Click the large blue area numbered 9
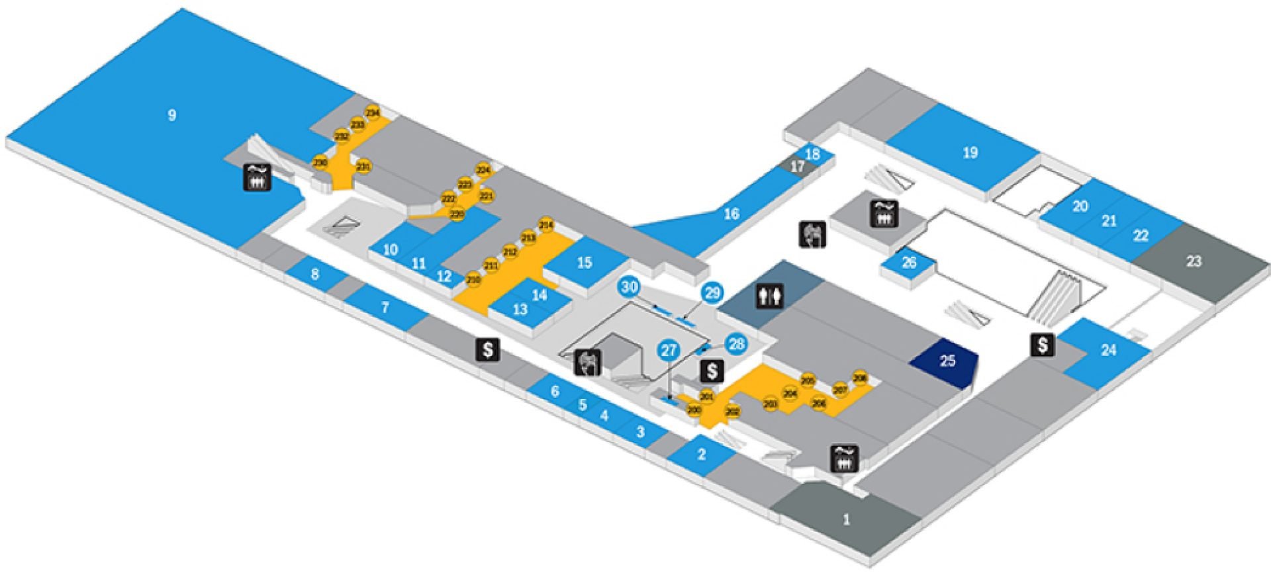[x=171, y=116]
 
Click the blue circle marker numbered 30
[x=629, y=287]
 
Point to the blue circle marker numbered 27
[x=669, y=349]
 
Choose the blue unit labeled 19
[x=969, y=153]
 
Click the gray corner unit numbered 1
[x=845, y=520]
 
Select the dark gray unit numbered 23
[x=1193, y=261]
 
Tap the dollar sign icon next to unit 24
[x=1042, y=345]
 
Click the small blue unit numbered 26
[x=909, y=263]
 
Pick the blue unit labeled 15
[x=584, y=263]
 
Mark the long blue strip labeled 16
[x=731, y=214]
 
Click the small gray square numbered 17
[x=797, y=166]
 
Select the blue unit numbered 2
[x=702, y=455]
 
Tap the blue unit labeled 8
[x=315, y=273]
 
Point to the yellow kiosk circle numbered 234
[x=373, y=113]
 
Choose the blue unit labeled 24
[x=1108, y=350]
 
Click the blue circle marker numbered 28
[x=735, y=343]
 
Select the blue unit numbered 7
[x=385, y=308]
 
